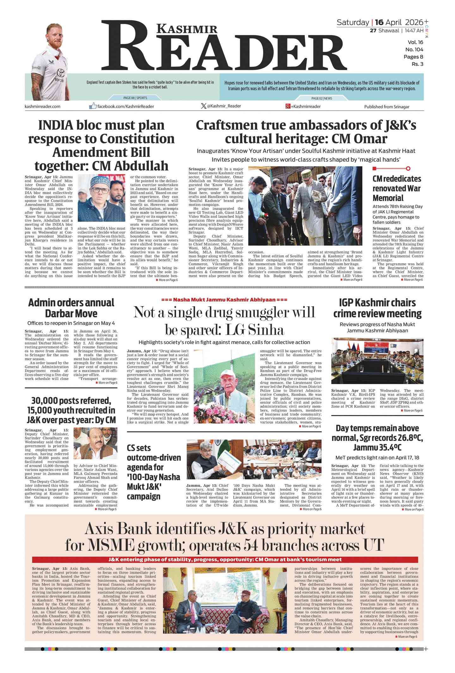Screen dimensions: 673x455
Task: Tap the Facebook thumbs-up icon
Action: click(93, 106)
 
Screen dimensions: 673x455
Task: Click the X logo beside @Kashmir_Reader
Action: click(204, 106)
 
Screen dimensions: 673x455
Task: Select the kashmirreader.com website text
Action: click(42, 106)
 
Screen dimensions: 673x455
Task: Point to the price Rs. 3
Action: click(417, 64)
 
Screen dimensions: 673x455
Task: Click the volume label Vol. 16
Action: click(415, 42)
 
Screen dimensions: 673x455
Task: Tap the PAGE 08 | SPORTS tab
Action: click(135, 98)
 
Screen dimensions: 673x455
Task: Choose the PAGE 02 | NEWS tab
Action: click(322, 98)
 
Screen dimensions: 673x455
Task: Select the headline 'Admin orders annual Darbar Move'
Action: click(71, 308)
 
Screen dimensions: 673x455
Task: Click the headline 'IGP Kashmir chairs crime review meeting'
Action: click(377, 308)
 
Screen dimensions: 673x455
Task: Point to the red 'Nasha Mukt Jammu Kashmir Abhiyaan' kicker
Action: click(224, 299)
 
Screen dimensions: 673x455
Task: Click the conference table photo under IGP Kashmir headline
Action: click(377, 361)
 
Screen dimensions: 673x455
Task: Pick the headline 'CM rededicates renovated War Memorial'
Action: click(397, 188)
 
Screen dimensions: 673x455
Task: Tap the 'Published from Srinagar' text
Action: click(386, 107)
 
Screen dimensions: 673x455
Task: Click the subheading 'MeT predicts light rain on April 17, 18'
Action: click(377, 458)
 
